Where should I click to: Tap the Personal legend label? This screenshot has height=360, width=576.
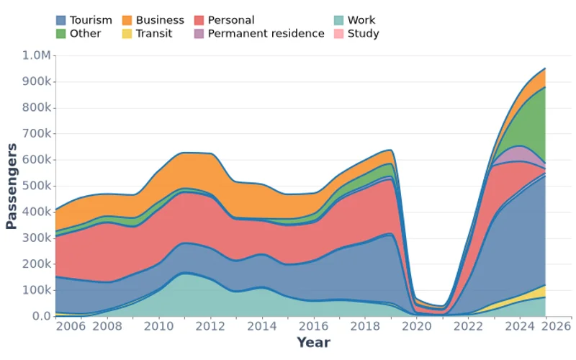click(x=230, y=20)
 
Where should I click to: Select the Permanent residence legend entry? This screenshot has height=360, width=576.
click(x=266, y=33)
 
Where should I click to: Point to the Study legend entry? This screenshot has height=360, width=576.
click(x=363, y=33)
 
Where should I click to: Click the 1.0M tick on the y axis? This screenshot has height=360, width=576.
click(x=37, y=55)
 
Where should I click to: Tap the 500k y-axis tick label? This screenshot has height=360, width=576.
click(x=36, y=186)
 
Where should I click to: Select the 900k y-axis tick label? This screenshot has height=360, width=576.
click(x=36, y=81)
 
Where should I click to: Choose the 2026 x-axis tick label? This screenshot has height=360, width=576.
click(x=557, y=326)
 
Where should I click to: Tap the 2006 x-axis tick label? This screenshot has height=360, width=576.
click(x=71, y=326)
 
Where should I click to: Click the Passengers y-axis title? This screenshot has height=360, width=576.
click(x=12, y=186)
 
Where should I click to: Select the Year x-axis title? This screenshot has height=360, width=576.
click(x=313, y=342)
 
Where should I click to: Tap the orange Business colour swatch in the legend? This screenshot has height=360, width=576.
click(x=127, y=20)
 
